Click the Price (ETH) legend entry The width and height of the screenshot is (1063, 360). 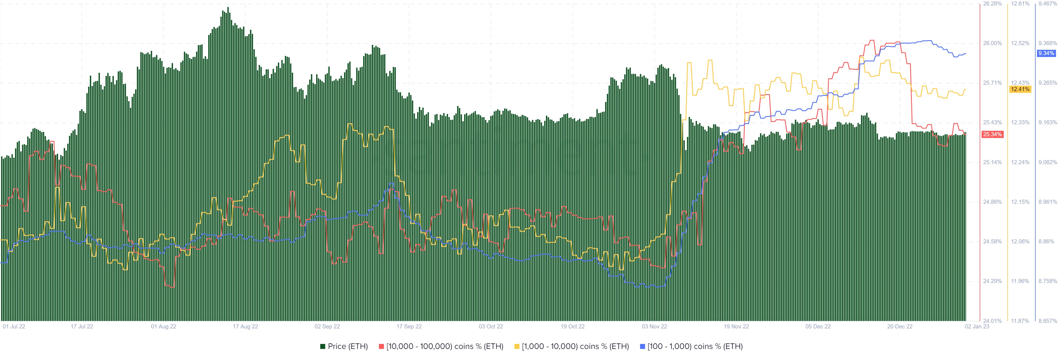[344, 346]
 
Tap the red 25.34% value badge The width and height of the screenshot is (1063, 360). [992, 134]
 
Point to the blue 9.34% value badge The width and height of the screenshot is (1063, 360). [1046, 53]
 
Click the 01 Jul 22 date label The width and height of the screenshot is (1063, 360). [14, 326]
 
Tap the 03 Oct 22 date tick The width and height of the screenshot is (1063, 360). [491, 326]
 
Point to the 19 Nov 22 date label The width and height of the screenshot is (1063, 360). [736, 326]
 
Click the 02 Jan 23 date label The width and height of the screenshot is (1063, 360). [976, 326]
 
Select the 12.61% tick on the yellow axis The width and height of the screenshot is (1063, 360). [1020, 4]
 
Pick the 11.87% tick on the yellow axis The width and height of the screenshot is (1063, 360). [1020, 321]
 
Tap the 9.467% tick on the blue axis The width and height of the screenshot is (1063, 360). [1048, 4]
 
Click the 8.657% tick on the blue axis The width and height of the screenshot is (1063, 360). [1048, 321]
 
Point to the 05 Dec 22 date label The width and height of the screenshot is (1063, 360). [818, 326]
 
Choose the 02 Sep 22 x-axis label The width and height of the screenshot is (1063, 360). [327, 326]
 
